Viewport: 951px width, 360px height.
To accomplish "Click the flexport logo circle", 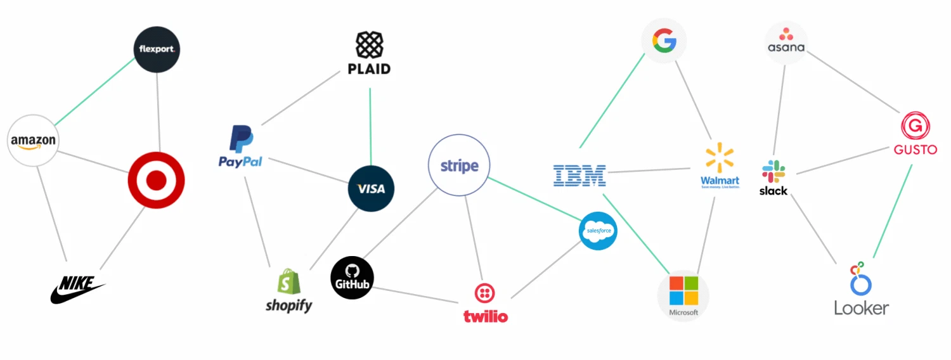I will (157, 49).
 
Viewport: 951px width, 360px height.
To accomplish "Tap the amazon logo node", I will (33, 141).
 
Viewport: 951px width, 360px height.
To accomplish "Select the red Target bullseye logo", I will (156, 181).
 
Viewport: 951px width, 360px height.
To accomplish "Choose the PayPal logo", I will (241, 147).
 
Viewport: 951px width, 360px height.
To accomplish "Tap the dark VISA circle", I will (371, 188).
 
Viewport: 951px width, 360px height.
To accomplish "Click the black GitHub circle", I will (353, 278).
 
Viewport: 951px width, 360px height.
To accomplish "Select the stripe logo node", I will (459, 166).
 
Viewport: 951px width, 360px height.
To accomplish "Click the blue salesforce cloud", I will (598, 231).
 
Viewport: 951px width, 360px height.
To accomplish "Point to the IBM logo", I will (579, 175).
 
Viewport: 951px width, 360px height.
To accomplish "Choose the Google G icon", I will (664, 42).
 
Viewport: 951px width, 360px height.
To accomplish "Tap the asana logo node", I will (786, 42).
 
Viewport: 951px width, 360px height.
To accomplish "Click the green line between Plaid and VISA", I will (370, 127).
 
